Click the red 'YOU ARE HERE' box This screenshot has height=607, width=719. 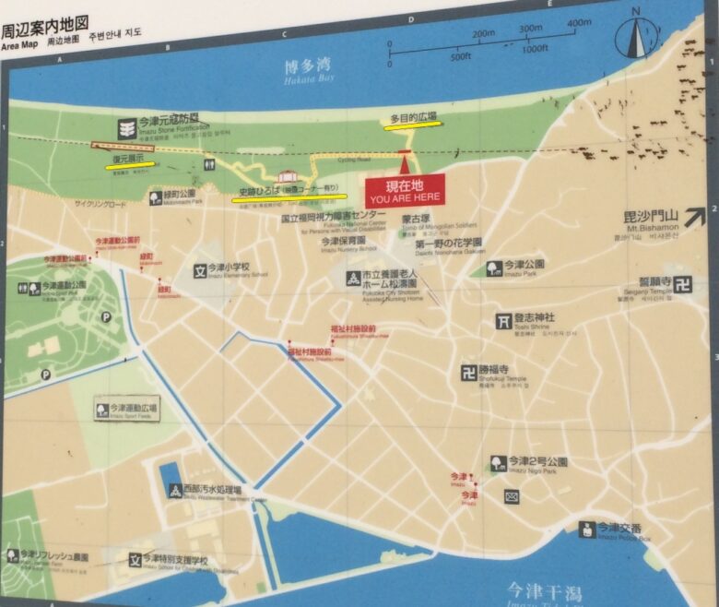click(x=405, y=189)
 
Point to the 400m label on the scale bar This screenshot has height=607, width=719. click(x=579, y=23)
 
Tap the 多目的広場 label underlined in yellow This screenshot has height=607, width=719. click(x=412, y=119)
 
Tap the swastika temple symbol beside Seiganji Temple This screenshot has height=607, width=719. click(x=683, y=285)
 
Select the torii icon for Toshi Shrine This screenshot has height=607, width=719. click(x=502, y=322)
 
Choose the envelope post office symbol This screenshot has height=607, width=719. click(x=512, y=496)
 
